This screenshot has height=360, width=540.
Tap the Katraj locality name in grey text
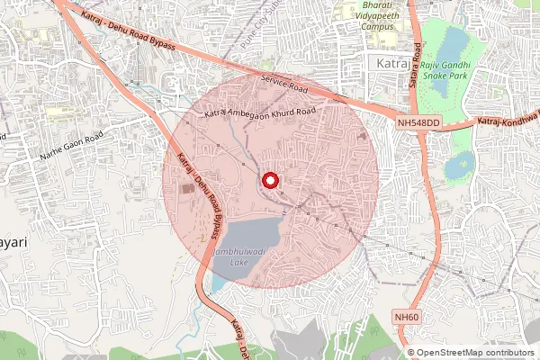point(388,62)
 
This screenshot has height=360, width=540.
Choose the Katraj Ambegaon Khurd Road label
point(261,112)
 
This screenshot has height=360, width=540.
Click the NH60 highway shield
point(407,316)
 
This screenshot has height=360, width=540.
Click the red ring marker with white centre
point(269,181)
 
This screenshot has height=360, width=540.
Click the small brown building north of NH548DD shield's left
point(363,134)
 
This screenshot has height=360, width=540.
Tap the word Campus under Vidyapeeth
point(377,27)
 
